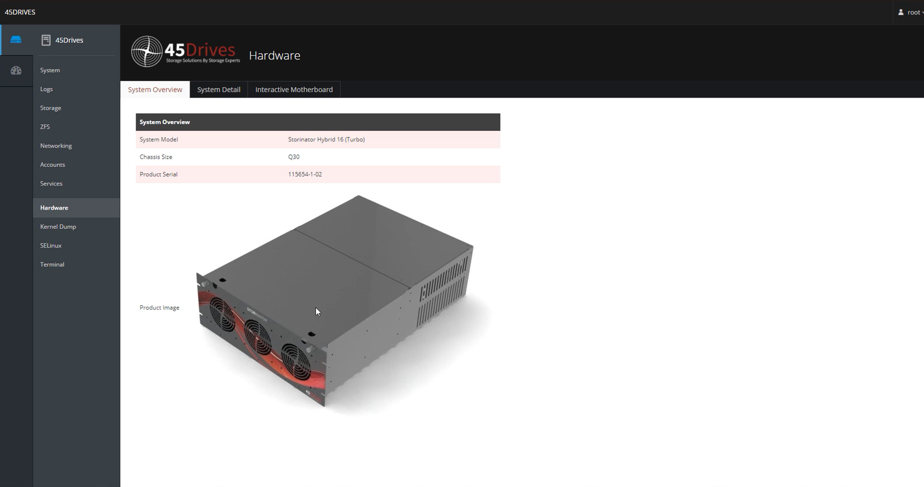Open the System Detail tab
click(218, 89)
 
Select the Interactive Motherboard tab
click(294, 89)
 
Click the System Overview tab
click(155, 89)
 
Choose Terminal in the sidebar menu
click(52, 264)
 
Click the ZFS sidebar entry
click(45, 127)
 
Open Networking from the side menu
click(56, 146)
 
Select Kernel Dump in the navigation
click(58, 226)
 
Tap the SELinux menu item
click(51, 246)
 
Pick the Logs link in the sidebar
click(46, 89)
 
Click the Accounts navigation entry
click(52, 164)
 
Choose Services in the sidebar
click(51, 184)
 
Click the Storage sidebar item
click(51, 108)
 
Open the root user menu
click(911, 12)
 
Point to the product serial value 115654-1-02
click(305, 175)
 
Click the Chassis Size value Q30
click(294, 157)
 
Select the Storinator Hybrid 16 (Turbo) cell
click(326, 139)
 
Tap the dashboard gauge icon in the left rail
click(16, 71)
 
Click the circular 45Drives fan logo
click(147, 51)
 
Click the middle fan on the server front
click(257, 337)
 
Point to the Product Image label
click(159, 308)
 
